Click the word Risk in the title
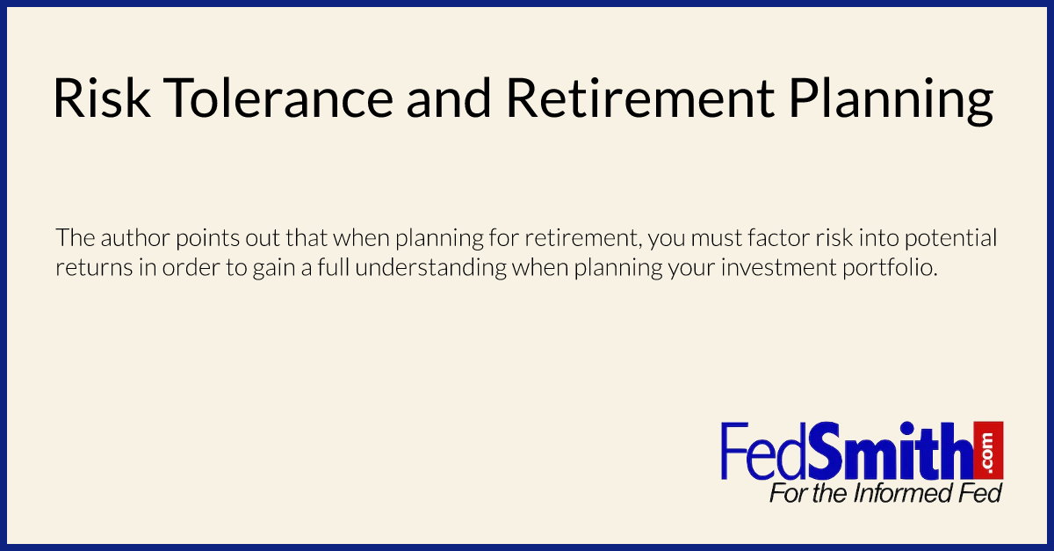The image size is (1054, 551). (x=102, y=98)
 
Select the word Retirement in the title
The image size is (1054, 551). (x=640, y=98)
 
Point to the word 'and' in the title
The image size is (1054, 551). (x=450, y=98)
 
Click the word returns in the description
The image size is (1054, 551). (x=94, y=268)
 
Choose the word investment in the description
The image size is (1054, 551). (x=779, y=268)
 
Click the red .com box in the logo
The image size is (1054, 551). (x=989, y=450)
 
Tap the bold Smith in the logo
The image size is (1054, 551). (x=891, y=451)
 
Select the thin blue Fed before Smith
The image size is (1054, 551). (x=765, y=451)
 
